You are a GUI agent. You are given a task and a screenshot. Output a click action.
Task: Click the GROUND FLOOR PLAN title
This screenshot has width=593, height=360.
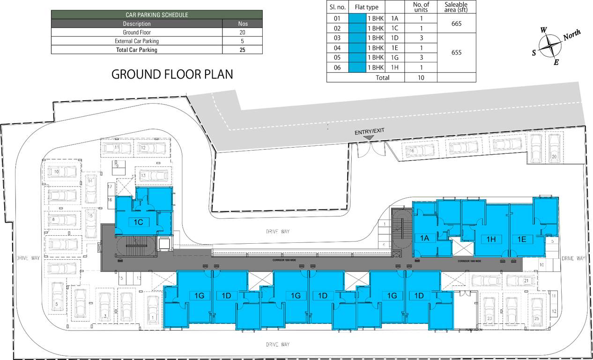pos(172,75)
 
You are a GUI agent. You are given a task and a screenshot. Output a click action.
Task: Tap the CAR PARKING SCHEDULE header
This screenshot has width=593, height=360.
pos(156,15)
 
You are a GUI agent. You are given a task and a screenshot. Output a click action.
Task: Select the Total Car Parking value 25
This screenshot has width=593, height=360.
pos(242,50)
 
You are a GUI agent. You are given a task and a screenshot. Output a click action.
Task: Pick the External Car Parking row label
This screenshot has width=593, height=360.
pos(137,41)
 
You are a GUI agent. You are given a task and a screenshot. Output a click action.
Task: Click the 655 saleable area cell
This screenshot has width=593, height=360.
pos(456,52)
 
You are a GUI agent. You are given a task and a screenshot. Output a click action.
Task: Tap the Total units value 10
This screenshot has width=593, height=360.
pos(421,78)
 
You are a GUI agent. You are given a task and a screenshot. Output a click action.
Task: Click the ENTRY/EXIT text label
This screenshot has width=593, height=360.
pos(369,131)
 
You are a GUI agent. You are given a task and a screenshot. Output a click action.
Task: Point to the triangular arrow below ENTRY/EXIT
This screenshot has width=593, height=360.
pos(369,137)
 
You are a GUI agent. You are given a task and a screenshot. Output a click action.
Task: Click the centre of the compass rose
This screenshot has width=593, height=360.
pos(550,46)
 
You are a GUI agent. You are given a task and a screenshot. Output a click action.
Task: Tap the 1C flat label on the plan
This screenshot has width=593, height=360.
pos(138,222)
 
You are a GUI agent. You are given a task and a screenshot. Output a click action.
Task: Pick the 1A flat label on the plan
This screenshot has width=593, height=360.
pos(424,238)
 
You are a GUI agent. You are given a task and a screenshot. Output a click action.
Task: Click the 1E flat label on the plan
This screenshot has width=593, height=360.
pos(522,239)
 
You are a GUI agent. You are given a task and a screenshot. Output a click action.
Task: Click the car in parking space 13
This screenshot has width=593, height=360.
pos(153,176)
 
